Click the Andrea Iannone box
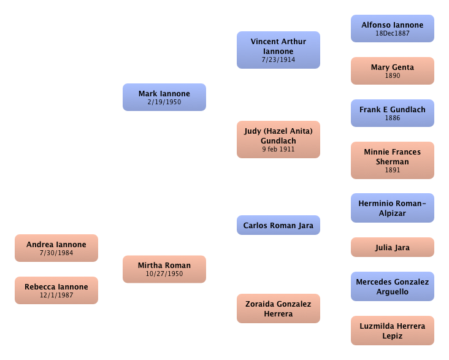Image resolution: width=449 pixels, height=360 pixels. click(x=56, y=248)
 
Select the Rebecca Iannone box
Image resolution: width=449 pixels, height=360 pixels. click(x=56, y=290)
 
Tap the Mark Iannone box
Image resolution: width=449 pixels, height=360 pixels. click(x=164, y=97)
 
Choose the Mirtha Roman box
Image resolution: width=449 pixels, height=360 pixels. click(x=164, y=269)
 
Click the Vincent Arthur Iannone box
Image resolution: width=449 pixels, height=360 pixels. click(x=278, y=50)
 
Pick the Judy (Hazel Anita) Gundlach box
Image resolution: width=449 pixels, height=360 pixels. click(x=278, y=139)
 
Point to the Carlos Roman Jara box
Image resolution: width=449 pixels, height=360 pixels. click(x=278, y=225)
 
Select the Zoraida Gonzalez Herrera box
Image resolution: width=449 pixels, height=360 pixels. click(x=278, y=308)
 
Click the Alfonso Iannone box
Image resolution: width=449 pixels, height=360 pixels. click(x=393, y=28)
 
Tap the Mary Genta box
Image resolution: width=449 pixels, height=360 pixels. click(x=393, y=71)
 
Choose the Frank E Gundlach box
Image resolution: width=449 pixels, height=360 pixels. click(x=393, y=113)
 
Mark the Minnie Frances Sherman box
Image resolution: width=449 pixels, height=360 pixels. click(x=393, y=160)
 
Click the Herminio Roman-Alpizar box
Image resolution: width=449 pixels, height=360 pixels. click(x=393, y=208)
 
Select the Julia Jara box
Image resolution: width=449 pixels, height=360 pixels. click(x=393, y=247)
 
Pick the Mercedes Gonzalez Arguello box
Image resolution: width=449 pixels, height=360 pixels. click(x=393, y=286)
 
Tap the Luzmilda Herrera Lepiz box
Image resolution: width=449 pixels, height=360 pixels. click(x=393, y=331)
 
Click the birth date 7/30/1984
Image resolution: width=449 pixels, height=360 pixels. click(x=56, y=253)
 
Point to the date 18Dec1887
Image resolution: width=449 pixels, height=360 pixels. click(x=393, y=33)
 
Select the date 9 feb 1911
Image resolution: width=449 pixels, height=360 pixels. click(x=278, y=149)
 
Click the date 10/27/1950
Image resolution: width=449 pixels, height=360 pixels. click(x=164, y=274)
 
